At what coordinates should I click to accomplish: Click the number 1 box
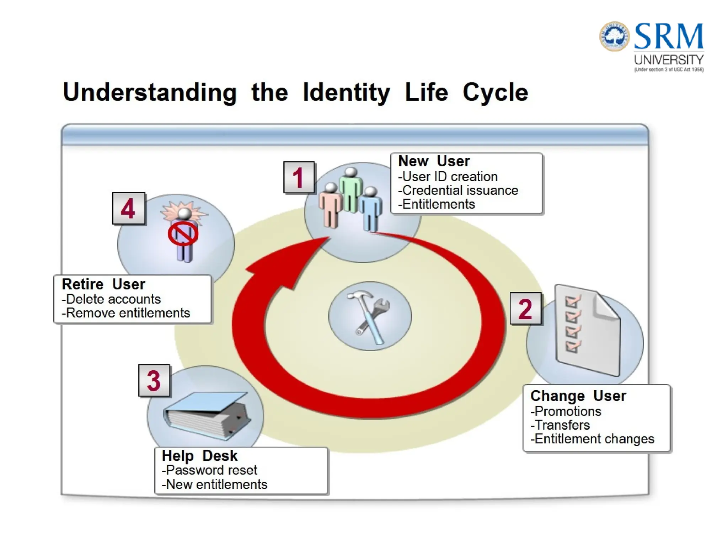coord(299,177)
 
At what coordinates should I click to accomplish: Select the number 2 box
coord(525,308)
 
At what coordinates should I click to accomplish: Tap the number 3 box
coord(154,380)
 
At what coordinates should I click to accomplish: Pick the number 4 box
coord(128,208)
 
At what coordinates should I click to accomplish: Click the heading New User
coord(434,161)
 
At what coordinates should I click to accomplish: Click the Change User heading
coord(578,396)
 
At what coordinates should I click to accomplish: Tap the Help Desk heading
coord(199,455)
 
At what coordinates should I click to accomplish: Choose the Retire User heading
coord(103,284)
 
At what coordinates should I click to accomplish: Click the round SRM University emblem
coord(614,36)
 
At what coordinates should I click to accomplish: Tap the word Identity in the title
coord(346,92)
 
